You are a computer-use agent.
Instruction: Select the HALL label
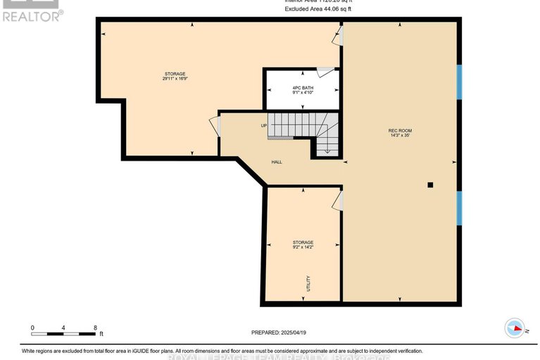coord(277,162)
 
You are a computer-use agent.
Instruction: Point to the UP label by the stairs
coord(264,126)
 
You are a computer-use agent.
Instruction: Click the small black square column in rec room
coord(430,185)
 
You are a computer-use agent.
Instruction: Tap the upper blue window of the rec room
coord(458,82)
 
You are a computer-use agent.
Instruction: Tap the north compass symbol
coord(516,328)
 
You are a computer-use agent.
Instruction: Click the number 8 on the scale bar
coord(95,328)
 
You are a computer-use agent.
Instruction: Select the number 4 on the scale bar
coord(63,328)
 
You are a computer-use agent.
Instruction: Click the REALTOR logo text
coord(31,15)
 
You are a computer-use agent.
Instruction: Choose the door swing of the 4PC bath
coord(325,72)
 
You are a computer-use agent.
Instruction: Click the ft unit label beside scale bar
coord(101,334)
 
